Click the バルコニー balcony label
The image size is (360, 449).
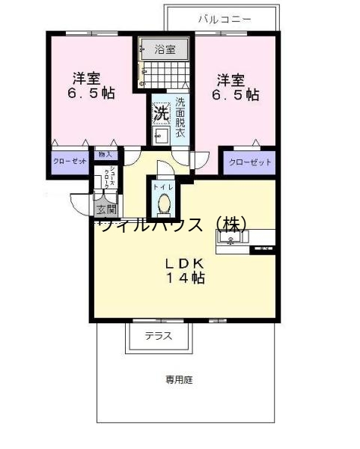point(225,19)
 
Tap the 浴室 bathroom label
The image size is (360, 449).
point(165,49)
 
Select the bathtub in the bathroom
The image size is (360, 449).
point(165,49)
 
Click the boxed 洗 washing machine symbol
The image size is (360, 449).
point(161,114)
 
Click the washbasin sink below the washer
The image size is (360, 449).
point(161,135)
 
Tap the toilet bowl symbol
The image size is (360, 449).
point(163,203)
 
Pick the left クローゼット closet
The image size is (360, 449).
point(70,162)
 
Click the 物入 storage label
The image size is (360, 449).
point(105,155)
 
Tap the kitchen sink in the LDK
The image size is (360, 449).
point(232,239)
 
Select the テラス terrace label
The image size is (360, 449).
point(158,336)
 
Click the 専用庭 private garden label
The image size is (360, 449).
point(180,380)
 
